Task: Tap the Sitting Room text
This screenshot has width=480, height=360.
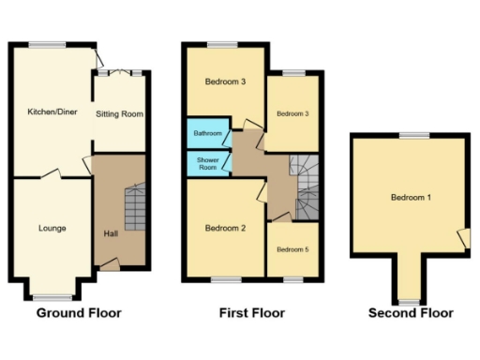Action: (119, 114)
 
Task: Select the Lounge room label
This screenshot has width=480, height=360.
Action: (52, 228)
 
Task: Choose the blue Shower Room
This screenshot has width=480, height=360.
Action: (207, 163)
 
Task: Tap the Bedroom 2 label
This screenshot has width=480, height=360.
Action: (225, 229)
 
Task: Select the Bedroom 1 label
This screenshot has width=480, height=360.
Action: (412, 198)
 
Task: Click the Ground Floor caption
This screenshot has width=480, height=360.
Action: (66, 313)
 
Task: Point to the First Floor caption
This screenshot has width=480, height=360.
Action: (251, 313)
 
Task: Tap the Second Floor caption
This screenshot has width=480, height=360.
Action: (411, 313)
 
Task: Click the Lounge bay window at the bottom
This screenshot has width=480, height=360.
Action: (52, 295)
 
